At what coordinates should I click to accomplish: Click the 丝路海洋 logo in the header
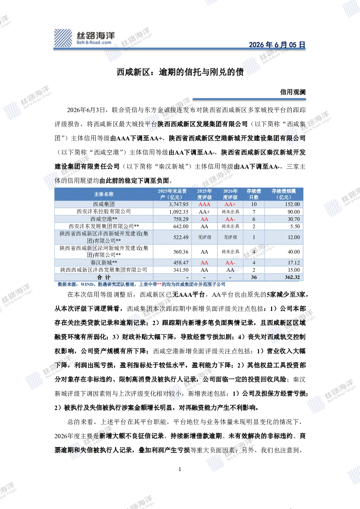point(85,38)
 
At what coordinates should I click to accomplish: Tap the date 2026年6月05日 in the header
point(277,45)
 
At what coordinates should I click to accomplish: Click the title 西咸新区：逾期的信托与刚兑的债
point(180,72)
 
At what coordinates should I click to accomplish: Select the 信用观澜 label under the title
point(293,92)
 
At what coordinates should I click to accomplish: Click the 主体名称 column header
point(104,194)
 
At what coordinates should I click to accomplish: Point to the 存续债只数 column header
point(254,194)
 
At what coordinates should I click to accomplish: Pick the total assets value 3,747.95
point(179,204)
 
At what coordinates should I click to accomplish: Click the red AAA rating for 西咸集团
point(204,204)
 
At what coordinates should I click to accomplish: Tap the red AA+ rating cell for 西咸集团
point(230,204)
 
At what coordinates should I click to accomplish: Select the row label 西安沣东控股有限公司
point(104,212)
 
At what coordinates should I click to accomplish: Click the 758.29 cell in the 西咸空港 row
point(181,219)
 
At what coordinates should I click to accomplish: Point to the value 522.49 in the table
point(181,237)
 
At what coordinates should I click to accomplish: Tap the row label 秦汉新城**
point(104,263)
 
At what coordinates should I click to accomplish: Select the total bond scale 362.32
point(292,277)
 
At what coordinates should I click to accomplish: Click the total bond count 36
point(254,277)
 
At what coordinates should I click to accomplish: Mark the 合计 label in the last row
point(104,277)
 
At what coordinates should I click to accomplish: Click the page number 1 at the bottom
point(180,469)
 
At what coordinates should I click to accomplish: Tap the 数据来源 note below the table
point(142,284)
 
